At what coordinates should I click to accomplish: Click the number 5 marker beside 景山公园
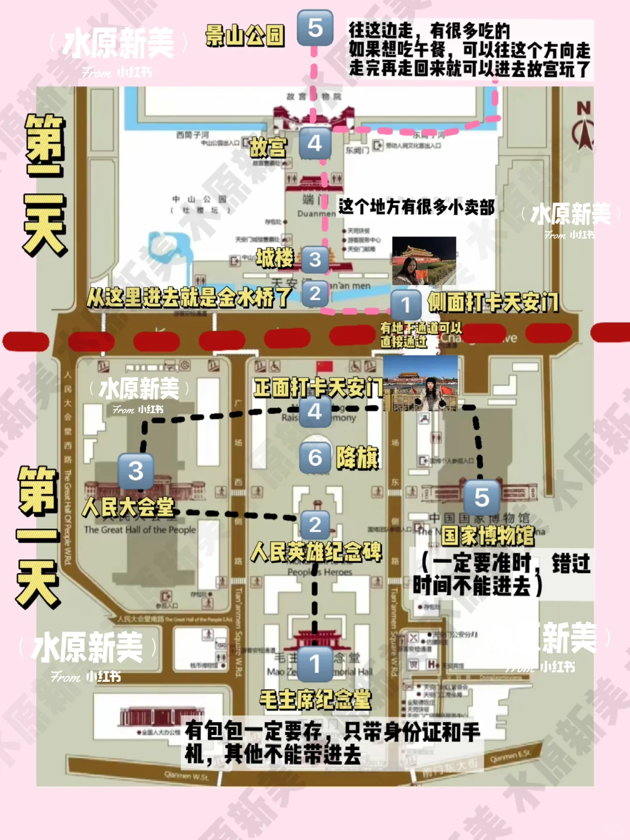click(315, 27)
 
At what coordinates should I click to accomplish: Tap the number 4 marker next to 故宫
click(315, 143)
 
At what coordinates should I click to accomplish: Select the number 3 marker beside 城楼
click(315, 259)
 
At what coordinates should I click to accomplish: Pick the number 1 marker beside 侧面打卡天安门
click(405, 304)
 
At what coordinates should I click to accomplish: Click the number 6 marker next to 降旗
click(315, 458)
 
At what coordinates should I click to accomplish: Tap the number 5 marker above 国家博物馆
click(481, 497)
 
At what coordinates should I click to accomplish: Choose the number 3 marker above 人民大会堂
click(135, 471)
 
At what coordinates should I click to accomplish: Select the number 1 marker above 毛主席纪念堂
click(315, 664)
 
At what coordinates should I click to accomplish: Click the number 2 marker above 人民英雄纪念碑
click(315, 525)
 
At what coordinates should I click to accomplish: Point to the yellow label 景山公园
click(245, 36)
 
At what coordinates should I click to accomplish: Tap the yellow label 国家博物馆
click(488, 535)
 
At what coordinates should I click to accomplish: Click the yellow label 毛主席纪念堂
click(315, 699)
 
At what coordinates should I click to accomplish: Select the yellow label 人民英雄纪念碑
click(316, 552)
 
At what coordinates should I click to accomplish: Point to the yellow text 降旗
click(357, 458)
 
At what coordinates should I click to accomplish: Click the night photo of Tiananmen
click(423, 260)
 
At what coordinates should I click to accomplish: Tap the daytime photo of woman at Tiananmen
click(421, 383)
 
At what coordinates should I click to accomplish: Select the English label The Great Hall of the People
click(140, 530)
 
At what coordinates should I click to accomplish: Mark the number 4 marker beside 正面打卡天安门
click(315, 412)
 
